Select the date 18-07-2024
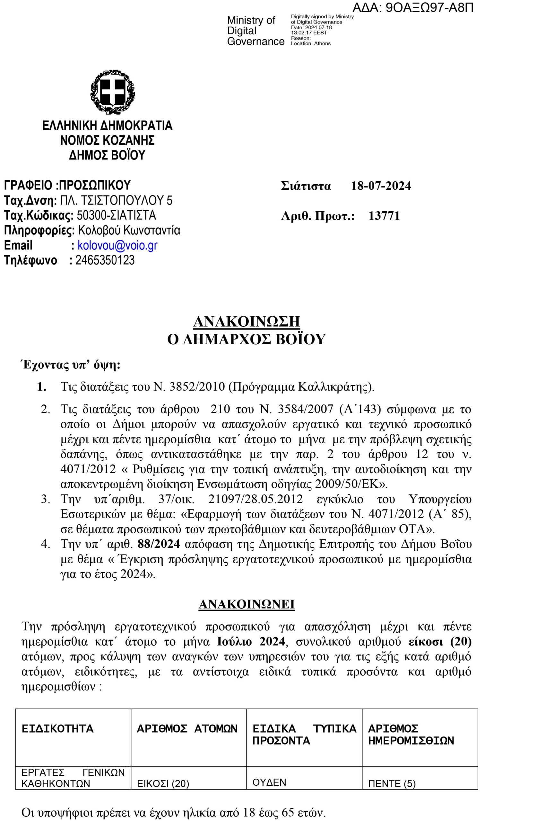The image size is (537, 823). (381, 186)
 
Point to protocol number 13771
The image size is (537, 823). (384, 216)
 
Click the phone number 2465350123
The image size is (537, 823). (105, 260)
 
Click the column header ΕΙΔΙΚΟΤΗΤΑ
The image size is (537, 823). (58, 729)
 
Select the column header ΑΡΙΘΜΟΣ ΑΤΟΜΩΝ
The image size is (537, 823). (187, 729)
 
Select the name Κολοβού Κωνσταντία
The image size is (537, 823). (129, 230)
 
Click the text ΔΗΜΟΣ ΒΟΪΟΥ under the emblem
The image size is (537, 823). (107, 155)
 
